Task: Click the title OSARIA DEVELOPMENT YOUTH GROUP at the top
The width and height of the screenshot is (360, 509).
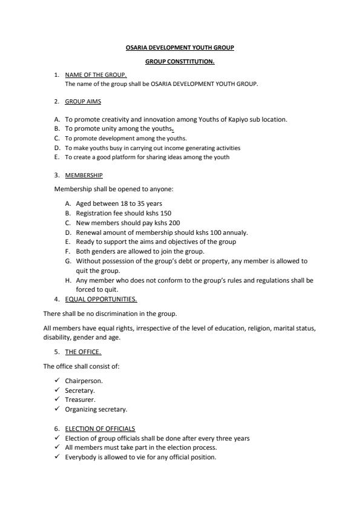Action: (x=180, y=47)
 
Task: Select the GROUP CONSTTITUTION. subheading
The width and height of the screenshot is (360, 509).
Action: (x=180, y=61)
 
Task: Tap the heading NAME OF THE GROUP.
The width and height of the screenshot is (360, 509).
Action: (x=96, y=75)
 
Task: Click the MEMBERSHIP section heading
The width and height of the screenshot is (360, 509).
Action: (x=83, y=176)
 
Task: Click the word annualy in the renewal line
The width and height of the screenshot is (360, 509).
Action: (x=235, y=232)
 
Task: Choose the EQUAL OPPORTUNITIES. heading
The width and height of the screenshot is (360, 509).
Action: (x=101, y=299)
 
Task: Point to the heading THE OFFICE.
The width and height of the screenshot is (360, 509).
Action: (x=83, y=352)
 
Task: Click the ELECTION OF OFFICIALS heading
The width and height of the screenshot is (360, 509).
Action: (x=100, y=429)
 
